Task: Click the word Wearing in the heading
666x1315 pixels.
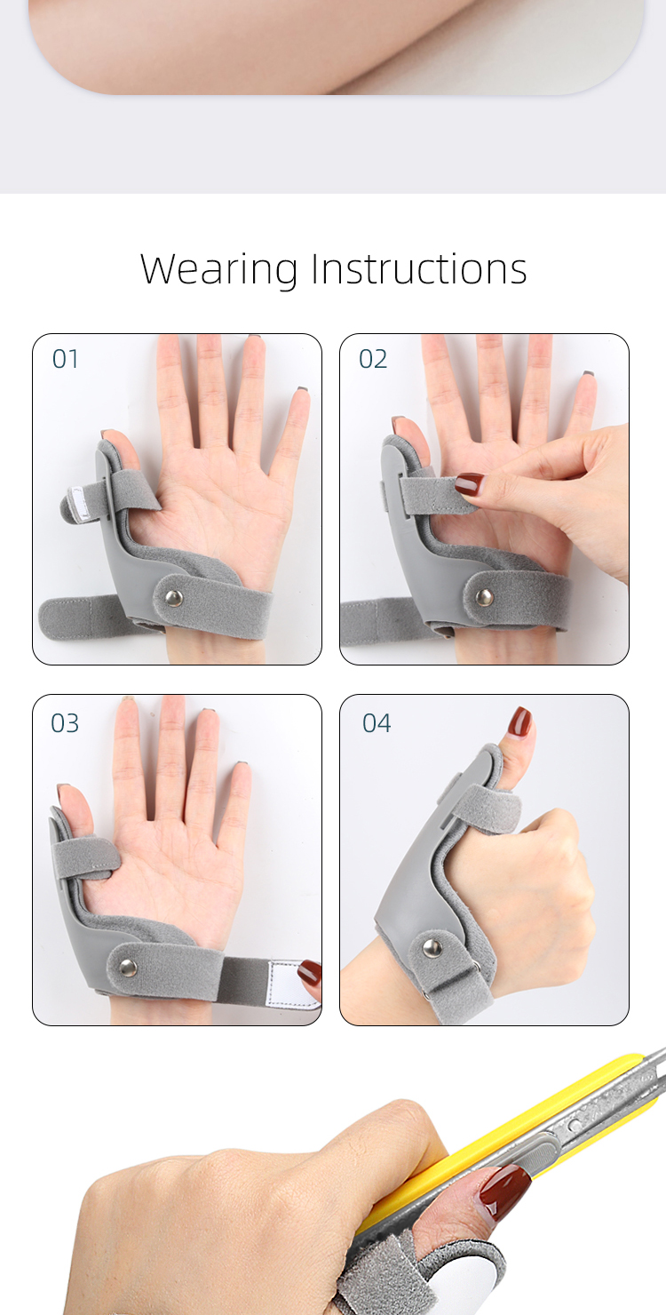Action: (x=218, y=269)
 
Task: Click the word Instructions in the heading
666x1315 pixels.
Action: (x=419, y=269)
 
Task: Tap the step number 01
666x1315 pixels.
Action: (x=66, y=359)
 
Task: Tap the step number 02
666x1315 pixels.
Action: (x=373, y=359)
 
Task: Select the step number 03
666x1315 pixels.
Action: (x=65, y=723)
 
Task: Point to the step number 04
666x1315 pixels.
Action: (x=377, y=723)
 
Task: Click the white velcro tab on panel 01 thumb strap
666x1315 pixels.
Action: (x=82, y=503)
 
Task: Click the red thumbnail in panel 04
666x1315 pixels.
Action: (x=520, y=721)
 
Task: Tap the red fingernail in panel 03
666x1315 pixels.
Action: (x=310, y=973)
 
